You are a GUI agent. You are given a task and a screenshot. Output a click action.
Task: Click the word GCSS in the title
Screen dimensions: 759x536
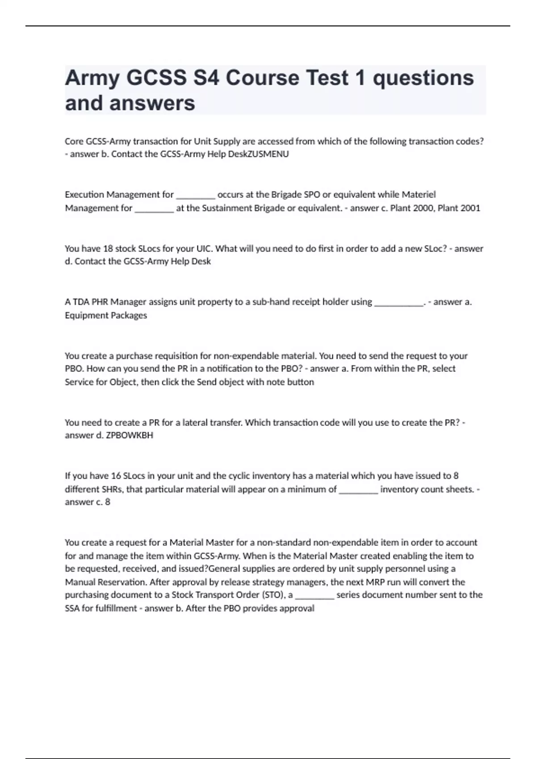(x=156, y=78)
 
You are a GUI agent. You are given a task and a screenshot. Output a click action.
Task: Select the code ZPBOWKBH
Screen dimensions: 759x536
(x=130, y=435)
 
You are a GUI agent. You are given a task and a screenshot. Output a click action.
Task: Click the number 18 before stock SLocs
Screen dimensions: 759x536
(x=108, y=249)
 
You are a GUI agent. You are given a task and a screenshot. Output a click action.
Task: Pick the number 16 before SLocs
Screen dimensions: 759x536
(x=116, y=476)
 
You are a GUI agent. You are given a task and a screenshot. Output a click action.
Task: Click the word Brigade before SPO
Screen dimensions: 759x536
(x=286, y=195)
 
